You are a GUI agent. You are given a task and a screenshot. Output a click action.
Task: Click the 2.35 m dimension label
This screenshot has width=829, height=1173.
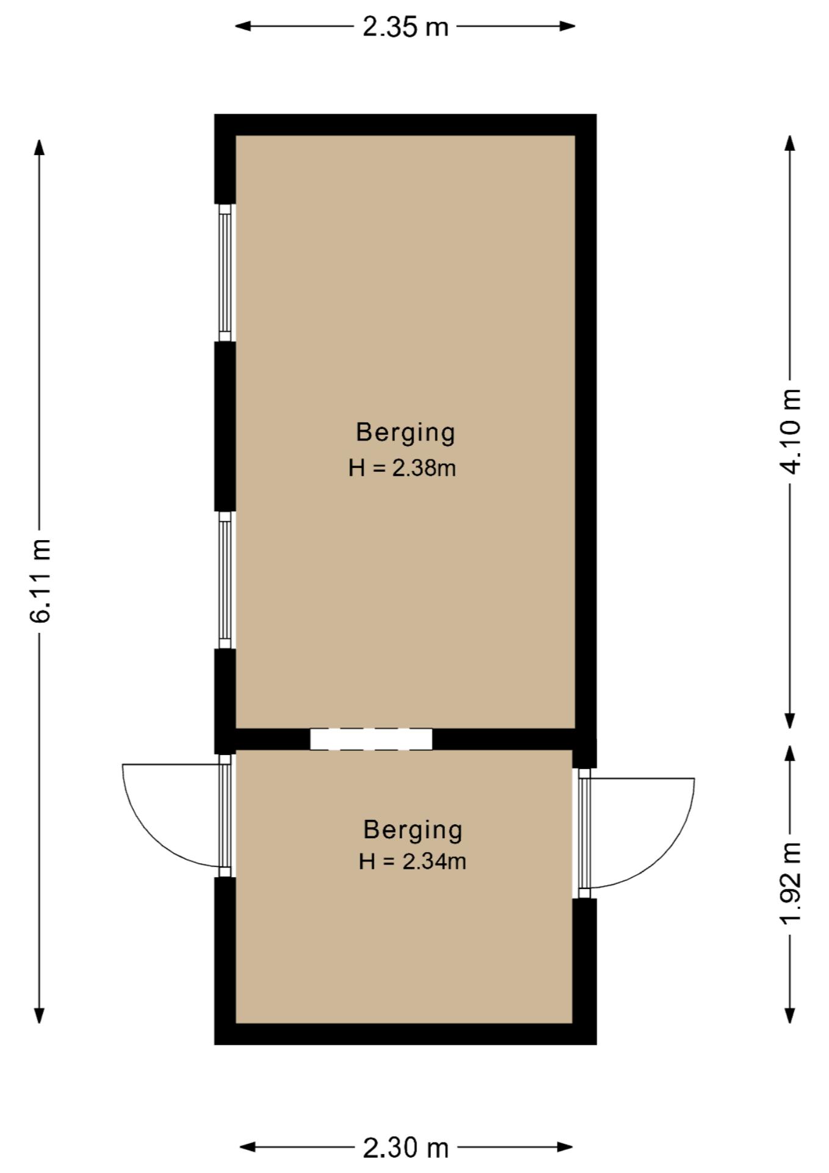405,27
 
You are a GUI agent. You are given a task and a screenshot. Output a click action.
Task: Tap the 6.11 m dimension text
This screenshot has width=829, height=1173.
40,581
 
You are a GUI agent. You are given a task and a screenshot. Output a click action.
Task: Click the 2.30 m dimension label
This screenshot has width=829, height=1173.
406,1148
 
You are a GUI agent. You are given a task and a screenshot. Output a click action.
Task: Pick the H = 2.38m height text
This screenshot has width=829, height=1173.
402,469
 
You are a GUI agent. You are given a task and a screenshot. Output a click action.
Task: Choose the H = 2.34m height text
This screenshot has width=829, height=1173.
413,861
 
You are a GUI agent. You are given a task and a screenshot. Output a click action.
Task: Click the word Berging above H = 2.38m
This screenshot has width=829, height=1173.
405,433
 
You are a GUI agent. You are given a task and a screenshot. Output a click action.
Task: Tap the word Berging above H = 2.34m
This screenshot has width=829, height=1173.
413,830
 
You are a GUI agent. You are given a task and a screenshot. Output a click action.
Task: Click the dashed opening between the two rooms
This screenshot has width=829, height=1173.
371,739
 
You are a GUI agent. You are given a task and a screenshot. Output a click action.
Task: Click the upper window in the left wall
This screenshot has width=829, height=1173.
225,272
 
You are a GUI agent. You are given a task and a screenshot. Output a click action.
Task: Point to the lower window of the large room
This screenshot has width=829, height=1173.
225,580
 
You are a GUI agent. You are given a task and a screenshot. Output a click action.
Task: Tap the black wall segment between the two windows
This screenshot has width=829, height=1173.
225,426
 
